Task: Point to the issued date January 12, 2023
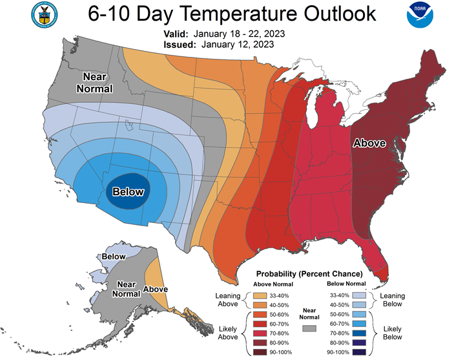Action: (x=238, y=45)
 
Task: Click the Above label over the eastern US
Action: (x=369, y=143)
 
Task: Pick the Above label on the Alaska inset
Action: (x=155, y=289)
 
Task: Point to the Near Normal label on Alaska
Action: (x=127, y=289)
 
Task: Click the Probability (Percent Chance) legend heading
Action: (x=309, y=274)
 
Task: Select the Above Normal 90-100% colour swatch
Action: (x=254, y=351)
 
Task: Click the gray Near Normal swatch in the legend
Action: (x=309, y=328)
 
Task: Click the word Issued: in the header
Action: (x=176, y=45)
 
